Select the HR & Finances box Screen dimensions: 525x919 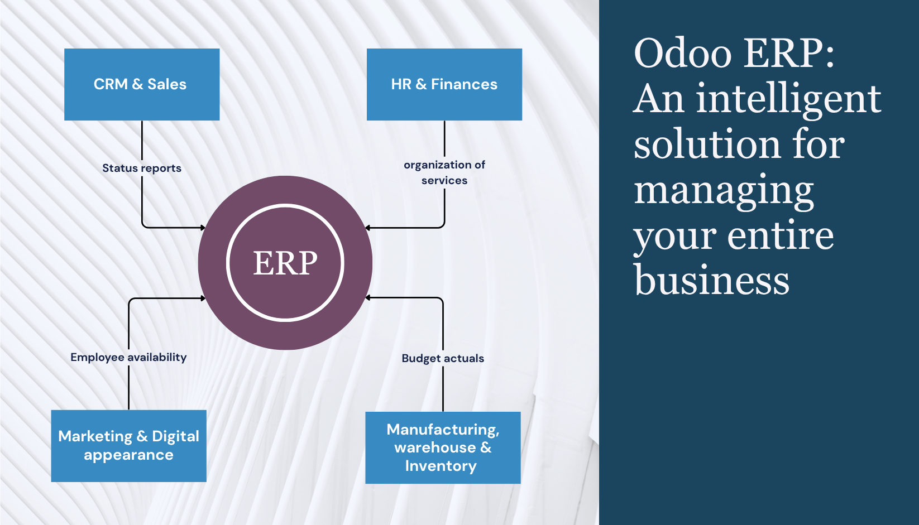pos(444,84)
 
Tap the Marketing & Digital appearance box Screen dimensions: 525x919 pos(128,446)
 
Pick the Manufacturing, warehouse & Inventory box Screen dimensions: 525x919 pos(443,447)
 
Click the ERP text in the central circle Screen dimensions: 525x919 pos(285,263)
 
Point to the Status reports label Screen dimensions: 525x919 pos(142,168)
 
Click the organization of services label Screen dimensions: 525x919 pos(444,172)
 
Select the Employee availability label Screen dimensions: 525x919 pos(128,357)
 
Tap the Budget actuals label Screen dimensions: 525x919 pos(443,358)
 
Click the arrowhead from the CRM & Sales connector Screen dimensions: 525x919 pos(203,228)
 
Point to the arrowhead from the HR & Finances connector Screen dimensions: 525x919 pos(367,228)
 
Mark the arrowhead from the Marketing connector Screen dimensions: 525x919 pos(203,298)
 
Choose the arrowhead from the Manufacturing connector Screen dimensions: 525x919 pos(367,298)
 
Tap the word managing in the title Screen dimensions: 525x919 pos(724,191)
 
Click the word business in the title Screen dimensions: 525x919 pos(712,281)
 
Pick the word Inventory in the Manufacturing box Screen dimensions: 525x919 pos(441,466)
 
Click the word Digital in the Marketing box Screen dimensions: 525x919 pos(175,436)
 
